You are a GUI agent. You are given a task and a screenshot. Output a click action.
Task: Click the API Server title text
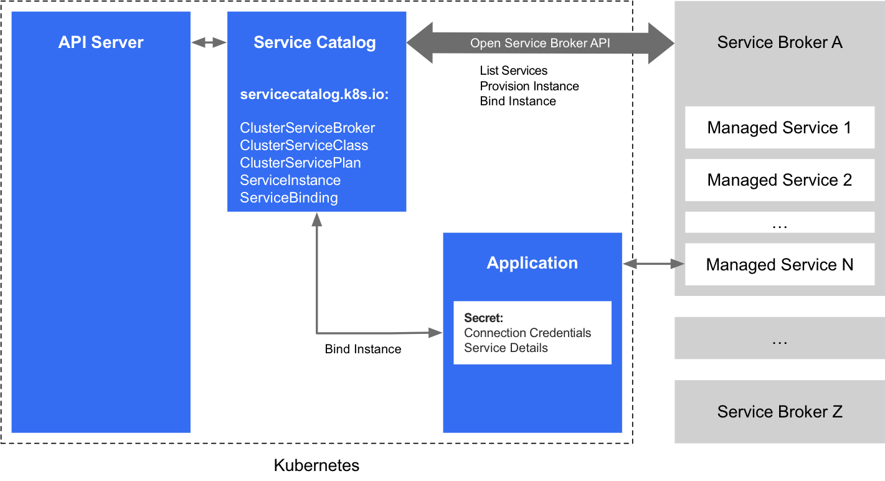click(101, 42)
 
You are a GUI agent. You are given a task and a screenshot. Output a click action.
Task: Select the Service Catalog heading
click(315, 42)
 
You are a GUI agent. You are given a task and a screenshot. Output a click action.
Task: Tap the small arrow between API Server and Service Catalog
click(209, 42)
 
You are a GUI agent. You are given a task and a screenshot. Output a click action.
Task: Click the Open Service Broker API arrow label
click(539, 43)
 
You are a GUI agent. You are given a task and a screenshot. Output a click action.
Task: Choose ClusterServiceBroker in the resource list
click(308, 128)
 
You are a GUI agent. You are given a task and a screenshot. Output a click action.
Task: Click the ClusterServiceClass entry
click(304, 145)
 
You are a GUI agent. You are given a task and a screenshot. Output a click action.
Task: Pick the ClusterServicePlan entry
click(300, 163)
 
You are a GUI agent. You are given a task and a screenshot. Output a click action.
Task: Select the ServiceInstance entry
click(290, 180)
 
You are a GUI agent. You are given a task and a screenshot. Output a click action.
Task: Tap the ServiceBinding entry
click(289, 198)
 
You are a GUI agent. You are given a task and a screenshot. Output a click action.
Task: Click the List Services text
click(514, 71)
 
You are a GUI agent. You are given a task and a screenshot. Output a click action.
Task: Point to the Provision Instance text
click(529, 86)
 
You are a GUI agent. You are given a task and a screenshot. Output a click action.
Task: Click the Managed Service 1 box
click(779, 128)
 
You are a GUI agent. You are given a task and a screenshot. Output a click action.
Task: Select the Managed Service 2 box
click(779, 180)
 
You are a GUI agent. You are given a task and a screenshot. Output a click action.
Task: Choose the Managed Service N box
click(779, 265)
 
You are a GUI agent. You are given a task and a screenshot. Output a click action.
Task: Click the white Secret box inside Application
click(532, 333)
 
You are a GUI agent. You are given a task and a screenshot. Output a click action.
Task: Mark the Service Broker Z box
click(779, 411)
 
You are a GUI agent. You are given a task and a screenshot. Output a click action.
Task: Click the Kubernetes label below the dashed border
click(316, 465)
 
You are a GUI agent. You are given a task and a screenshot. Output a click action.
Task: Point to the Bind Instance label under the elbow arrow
click(363, 349)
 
